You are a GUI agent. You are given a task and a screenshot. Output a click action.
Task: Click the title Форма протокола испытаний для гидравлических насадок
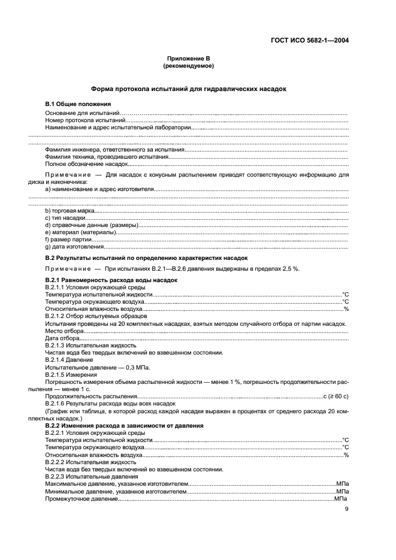[188, 89]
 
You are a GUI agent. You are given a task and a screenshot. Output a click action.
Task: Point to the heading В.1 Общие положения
[78, 105]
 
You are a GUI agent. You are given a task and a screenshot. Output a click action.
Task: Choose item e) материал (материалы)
[80, 232]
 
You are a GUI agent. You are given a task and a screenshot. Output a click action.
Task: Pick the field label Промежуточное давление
[81, 498]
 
